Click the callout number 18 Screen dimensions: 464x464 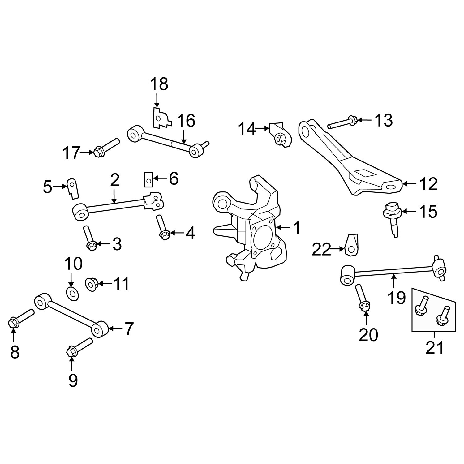click(159, 84)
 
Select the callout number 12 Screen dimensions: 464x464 click(428, 184)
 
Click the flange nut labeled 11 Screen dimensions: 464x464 click(92, 284)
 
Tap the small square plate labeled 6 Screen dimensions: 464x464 click(148, 179)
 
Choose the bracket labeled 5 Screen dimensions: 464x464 click(73, 189)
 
